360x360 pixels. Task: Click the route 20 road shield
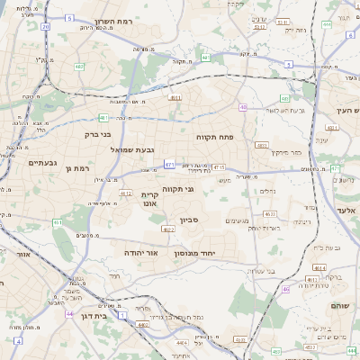point(46,27)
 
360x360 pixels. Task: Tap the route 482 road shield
point(79,66)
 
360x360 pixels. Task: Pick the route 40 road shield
point(205,58)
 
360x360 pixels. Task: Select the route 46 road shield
point(286,289)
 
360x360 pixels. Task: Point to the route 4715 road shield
point(220,166)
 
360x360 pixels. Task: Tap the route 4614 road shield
point(319,267)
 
